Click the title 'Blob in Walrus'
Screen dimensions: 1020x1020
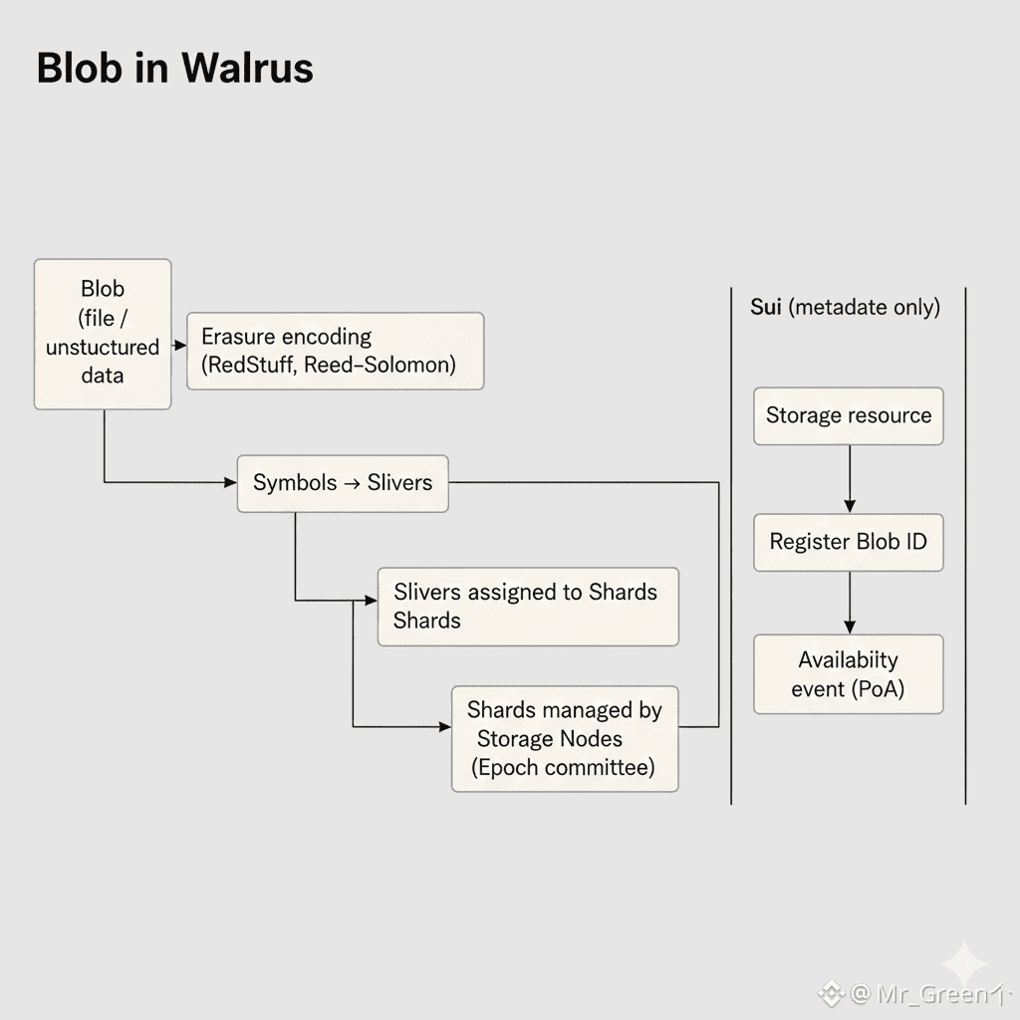point(174,68)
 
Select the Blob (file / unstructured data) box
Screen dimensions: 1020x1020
point(103,334)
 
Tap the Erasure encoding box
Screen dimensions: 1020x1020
point(335,351)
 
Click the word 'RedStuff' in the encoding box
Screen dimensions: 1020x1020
point(249,365)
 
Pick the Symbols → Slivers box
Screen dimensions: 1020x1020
point(343,483)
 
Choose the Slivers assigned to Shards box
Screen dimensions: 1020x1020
point(528,606)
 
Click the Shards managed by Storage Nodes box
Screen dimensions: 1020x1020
point(564,738)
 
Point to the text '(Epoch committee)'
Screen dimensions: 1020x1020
point(564,767)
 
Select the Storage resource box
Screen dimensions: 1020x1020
point(848,415)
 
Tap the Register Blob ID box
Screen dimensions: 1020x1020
point(848,542)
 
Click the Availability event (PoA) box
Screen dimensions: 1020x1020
point(848,673)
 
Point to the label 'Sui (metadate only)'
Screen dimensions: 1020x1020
point(845,307)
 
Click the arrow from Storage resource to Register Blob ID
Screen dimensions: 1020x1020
point(850,479)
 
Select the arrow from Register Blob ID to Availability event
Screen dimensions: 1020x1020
point(850,603)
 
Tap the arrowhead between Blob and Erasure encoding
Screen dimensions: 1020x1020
point(180,345)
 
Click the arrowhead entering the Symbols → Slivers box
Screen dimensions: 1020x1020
point(231,483)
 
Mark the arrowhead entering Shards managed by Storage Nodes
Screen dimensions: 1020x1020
point(445,726)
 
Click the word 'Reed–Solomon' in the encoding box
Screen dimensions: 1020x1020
point(380,365)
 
